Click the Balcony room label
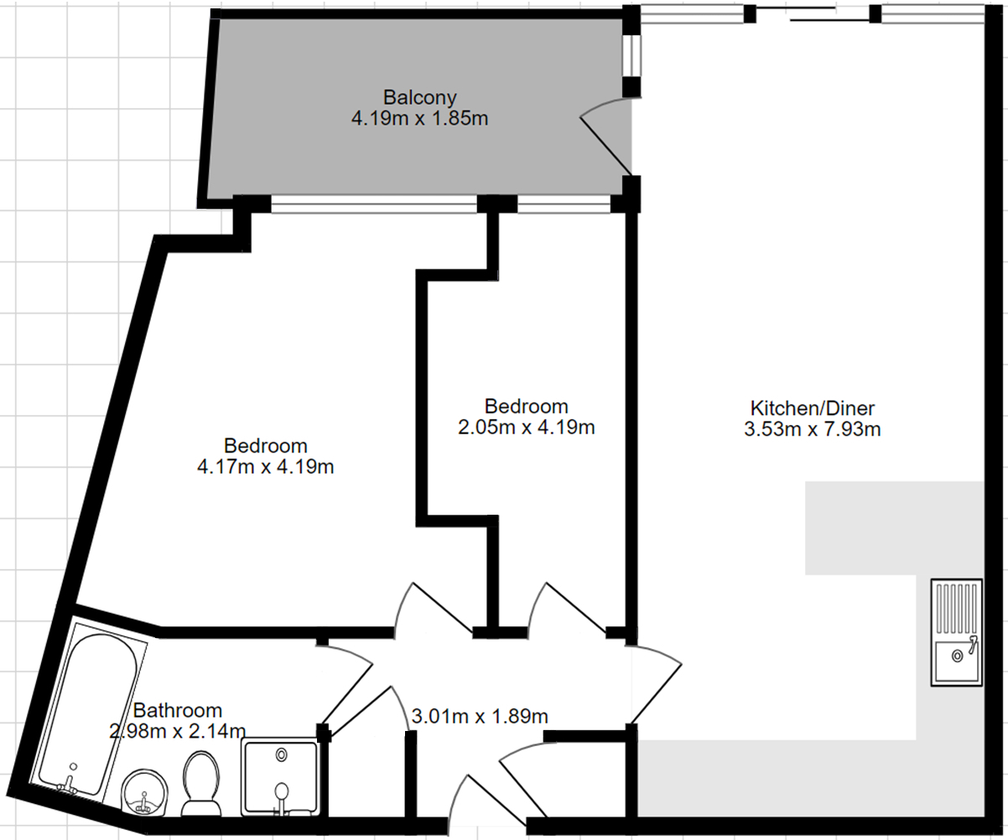(x=419, y=97)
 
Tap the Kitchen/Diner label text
(x=813, y=408)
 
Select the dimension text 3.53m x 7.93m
(x=813, y=429)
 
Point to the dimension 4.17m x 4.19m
(x=266, y=467)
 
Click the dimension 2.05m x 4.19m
(x=526, y=428)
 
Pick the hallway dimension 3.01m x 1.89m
(x=480, y=716)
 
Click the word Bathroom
(x=178, y=710)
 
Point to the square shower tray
(x=281, y=777)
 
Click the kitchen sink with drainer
(x=956, y=632)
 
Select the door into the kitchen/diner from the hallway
(x=657, y=684)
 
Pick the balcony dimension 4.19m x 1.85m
(x=419, y=118)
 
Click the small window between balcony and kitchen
(x=631, y=55)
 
